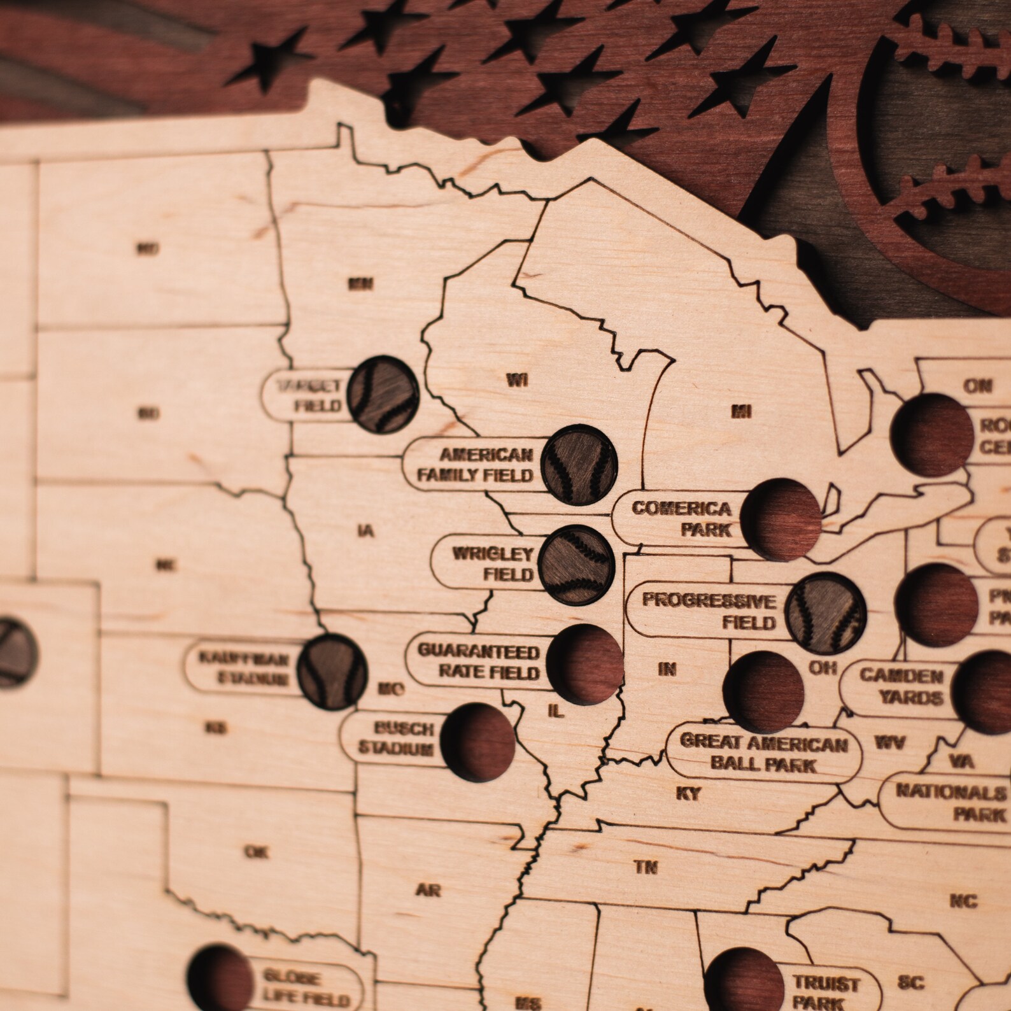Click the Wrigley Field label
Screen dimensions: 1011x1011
click(x=493, y=564)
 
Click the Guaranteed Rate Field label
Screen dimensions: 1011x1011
click(x=479, y=662)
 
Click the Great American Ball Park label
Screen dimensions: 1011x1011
click(x=764, y=754)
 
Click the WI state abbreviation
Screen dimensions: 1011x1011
click(x=517, y=381)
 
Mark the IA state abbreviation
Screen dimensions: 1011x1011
click(x=366, y=530)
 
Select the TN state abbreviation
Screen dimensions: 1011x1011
click(x=646, y=866)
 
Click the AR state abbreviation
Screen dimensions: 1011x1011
click(x=428, y=890)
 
